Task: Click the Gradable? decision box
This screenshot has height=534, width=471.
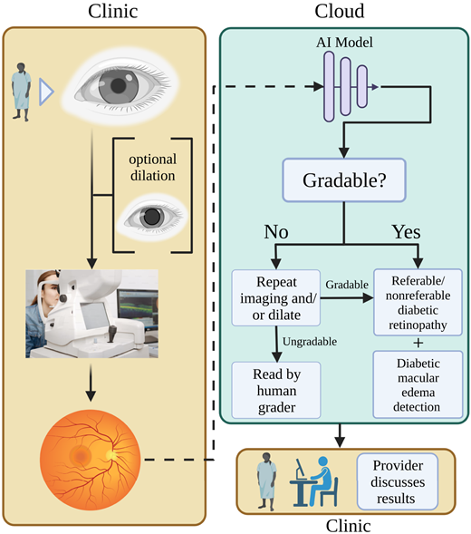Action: (x=344, y=180)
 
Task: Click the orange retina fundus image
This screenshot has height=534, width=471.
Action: (x=90, y=453)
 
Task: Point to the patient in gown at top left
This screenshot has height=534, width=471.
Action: (x=24, y=92)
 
